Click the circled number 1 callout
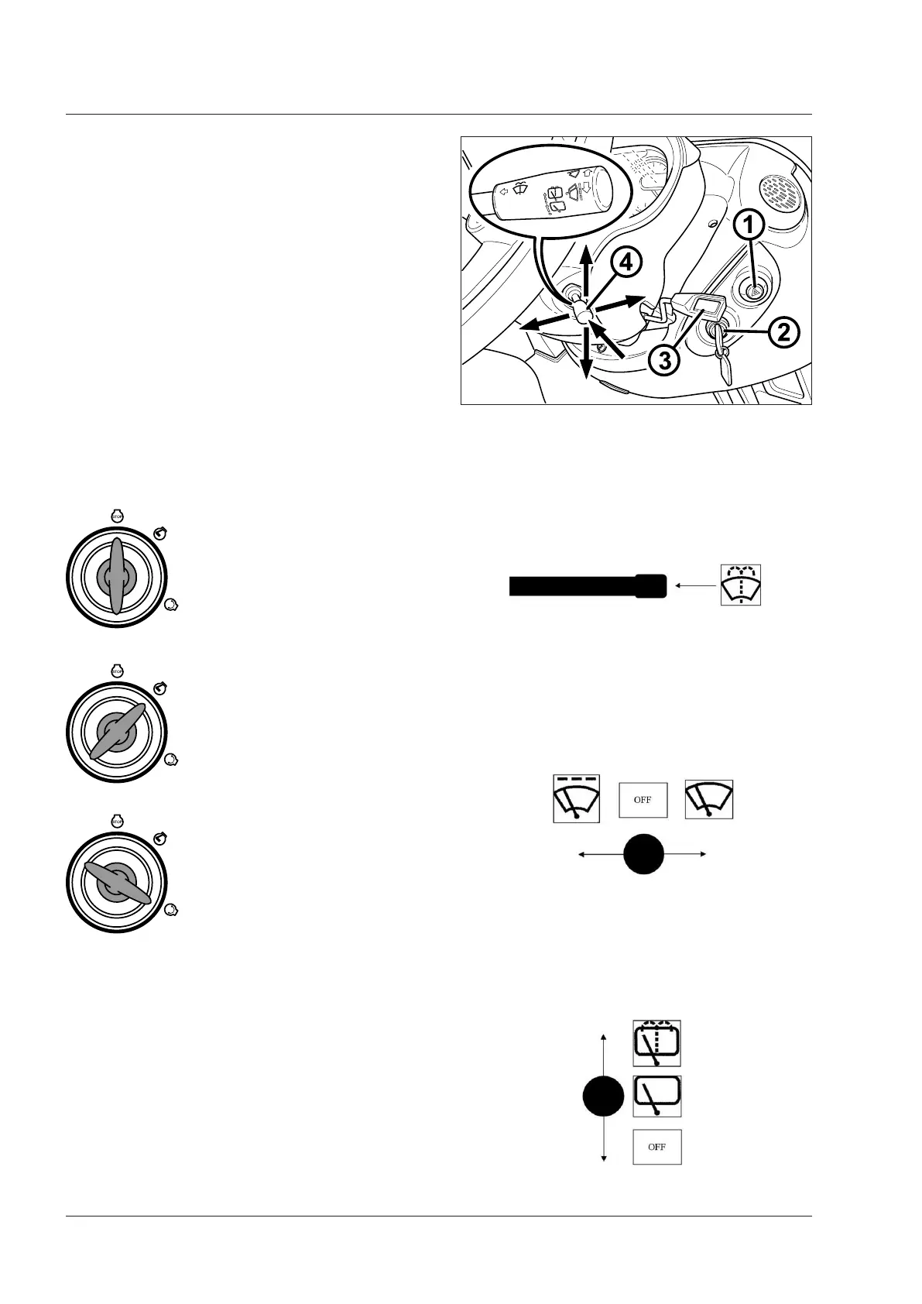749,226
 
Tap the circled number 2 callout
783,334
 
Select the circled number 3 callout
663,359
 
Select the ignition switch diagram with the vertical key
116,575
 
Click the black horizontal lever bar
587,586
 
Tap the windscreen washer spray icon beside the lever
741,585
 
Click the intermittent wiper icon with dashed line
576,798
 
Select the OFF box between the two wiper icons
643,800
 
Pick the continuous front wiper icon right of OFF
709,800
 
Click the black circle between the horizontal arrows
644,854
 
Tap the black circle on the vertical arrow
603,1098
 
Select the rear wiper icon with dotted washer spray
657,1043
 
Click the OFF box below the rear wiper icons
657,1147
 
